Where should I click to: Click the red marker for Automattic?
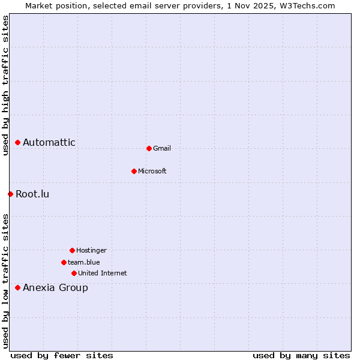point(18,143)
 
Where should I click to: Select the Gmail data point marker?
point(149,148)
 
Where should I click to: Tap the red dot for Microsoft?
point(134,171)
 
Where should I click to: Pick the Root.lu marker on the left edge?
point(10,194)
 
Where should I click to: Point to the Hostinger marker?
point(72,250)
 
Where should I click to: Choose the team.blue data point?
point(64,262)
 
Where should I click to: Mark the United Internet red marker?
point(74,273)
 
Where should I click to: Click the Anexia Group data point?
point(18,288)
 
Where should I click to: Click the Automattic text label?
point(49,143)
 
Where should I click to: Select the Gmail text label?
point(162,148)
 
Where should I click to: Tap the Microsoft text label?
point(152,171)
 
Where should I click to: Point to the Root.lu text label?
point(32,194)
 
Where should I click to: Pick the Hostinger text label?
point(91,250)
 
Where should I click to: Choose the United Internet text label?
point(103,273)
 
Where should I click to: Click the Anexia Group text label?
point(55,288)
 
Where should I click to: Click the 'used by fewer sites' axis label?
point(62,355)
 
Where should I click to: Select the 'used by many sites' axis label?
point(301,355)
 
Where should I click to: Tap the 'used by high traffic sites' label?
point(5,86)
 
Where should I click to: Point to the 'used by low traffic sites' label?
point(5,281)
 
